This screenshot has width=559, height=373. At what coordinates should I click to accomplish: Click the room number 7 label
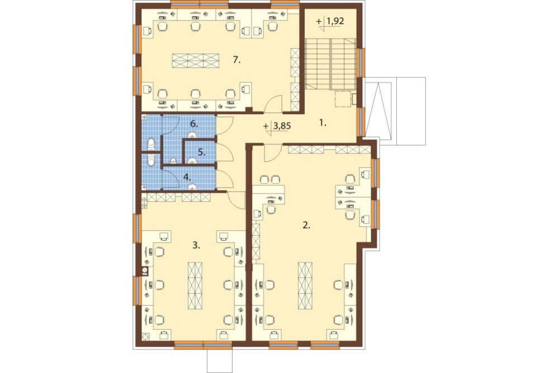click(236, 60)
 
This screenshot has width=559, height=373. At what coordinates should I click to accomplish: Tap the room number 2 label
click(306, 225)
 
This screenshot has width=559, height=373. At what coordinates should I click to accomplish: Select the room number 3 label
click(196, 245)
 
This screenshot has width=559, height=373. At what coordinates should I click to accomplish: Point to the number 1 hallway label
click(323, 123)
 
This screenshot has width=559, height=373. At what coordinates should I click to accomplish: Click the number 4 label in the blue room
click(187, 176)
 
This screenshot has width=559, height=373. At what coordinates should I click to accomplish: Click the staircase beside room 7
click(331, 64)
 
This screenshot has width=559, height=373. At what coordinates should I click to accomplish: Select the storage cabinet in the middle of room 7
click(195, 60)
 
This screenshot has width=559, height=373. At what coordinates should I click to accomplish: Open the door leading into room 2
click(272, 152)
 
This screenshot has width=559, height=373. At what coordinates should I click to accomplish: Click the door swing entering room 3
click(235, 200)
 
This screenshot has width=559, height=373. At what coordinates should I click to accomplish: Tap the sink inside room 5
click(193, 160)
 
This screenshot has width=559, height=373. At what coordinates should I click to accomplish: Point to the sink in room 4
click(193, 186)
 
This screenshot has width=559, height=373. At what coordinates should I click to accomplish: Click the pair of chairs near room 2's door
click(269, 179)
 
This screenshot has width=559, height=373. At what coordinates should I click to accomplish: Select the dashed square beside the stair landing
click(343, 99)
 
